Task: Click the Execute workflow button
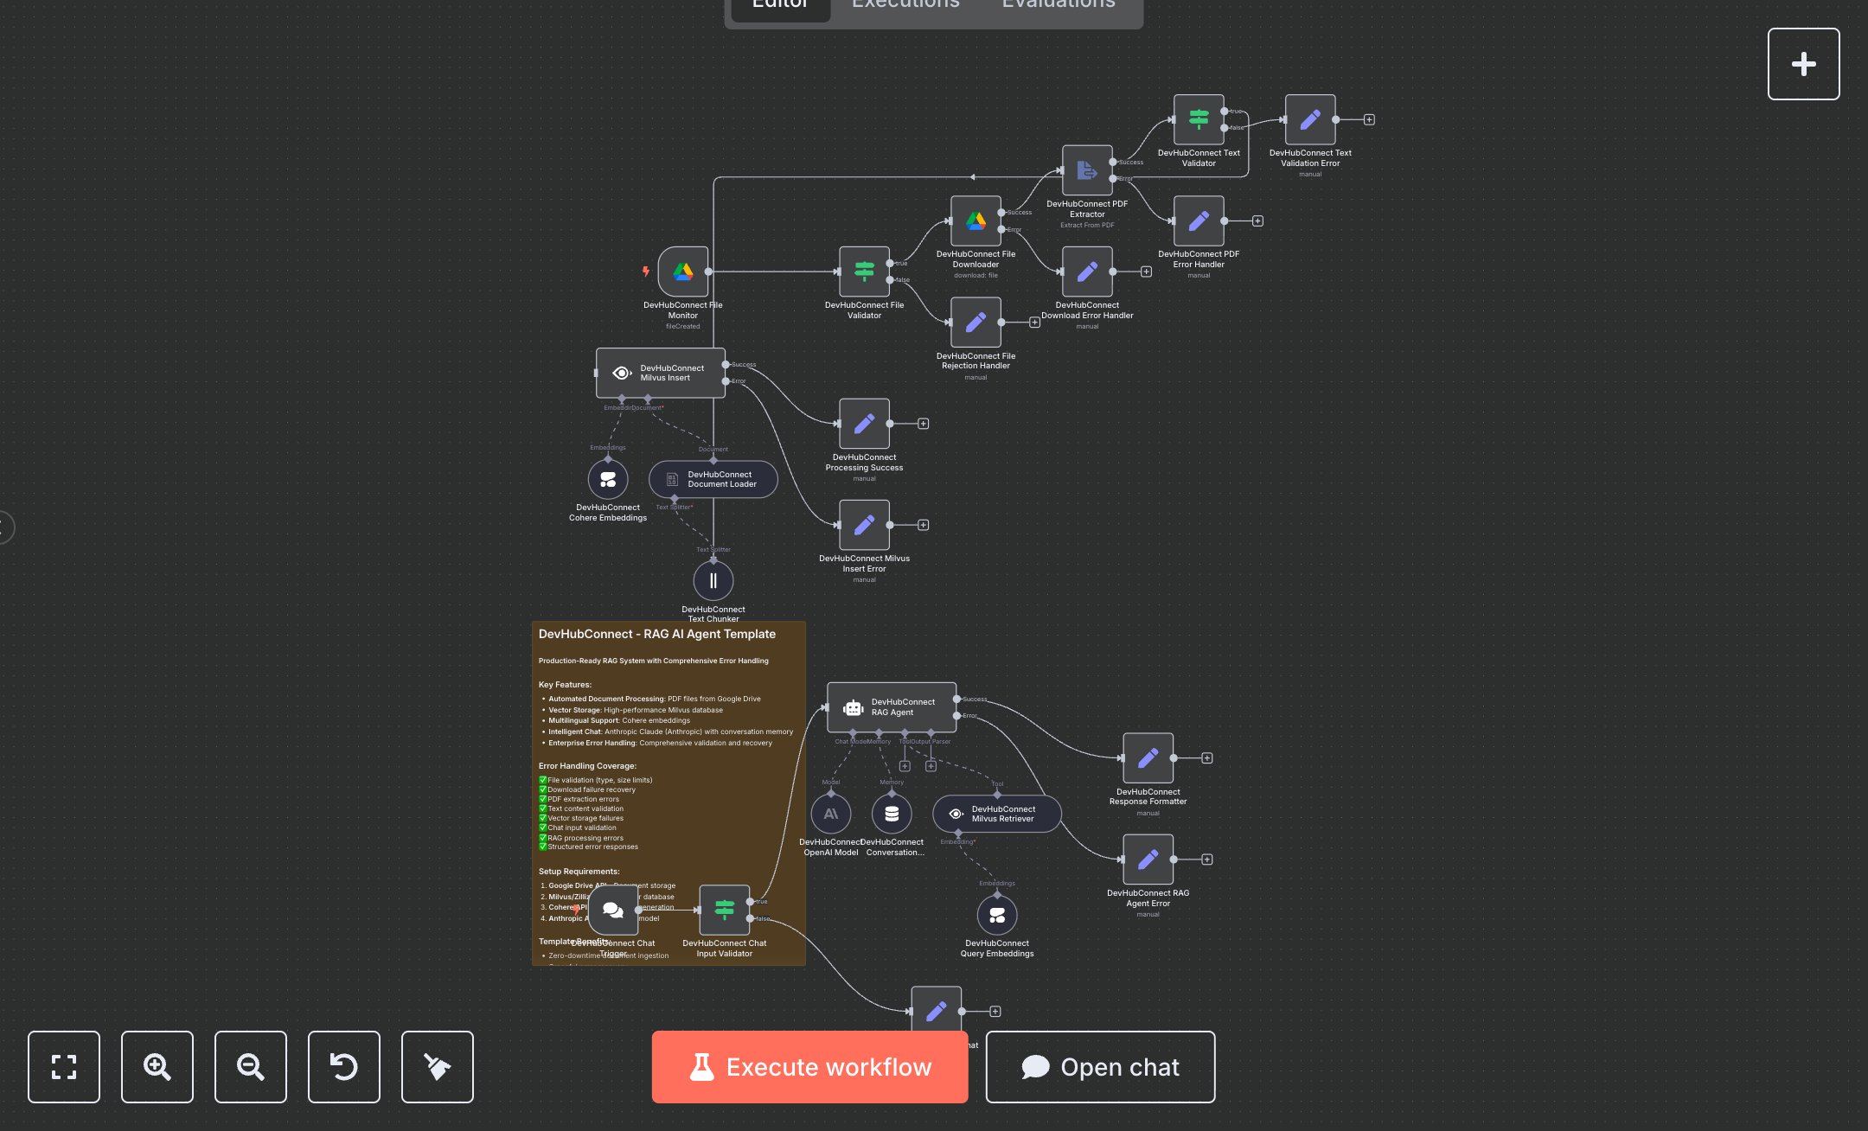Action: pos(809,1067)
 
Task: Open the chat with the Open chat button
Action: pos(1100,1067)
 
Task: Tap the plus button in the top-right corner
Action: pos(1803,64)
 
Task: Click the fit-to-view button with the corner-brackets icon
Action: pos(64,1067)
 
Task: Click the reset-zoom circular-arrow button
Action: pos(344,1067)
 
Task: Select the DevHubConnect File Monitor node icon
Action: pos(683,272)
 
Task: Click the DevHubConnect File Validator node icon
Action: pos(864,272)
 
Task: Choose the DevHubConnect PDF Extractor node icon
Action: pos(1087,170)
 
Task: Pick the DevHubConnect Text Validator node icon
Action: pos(1199,119)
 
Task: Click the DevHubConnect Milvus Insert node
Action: pos(661,373)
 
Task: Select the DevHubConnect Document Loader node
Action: pos(713,479)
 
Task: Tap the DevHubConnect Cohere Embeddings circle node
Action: pos(608,479)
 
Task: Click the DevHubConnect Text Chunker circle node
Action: pos(713,580)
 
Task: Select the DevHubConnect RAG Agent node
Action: pos(892,707)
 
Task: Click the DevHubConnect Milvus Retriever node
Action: pos(996,814)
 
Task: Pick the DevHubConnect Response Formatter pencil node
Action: pos(1148,758)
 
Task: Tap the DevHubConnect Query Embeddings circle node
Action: pos(997,915)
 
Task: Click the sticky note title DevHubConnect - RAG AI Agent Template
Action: pos(657,634)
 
